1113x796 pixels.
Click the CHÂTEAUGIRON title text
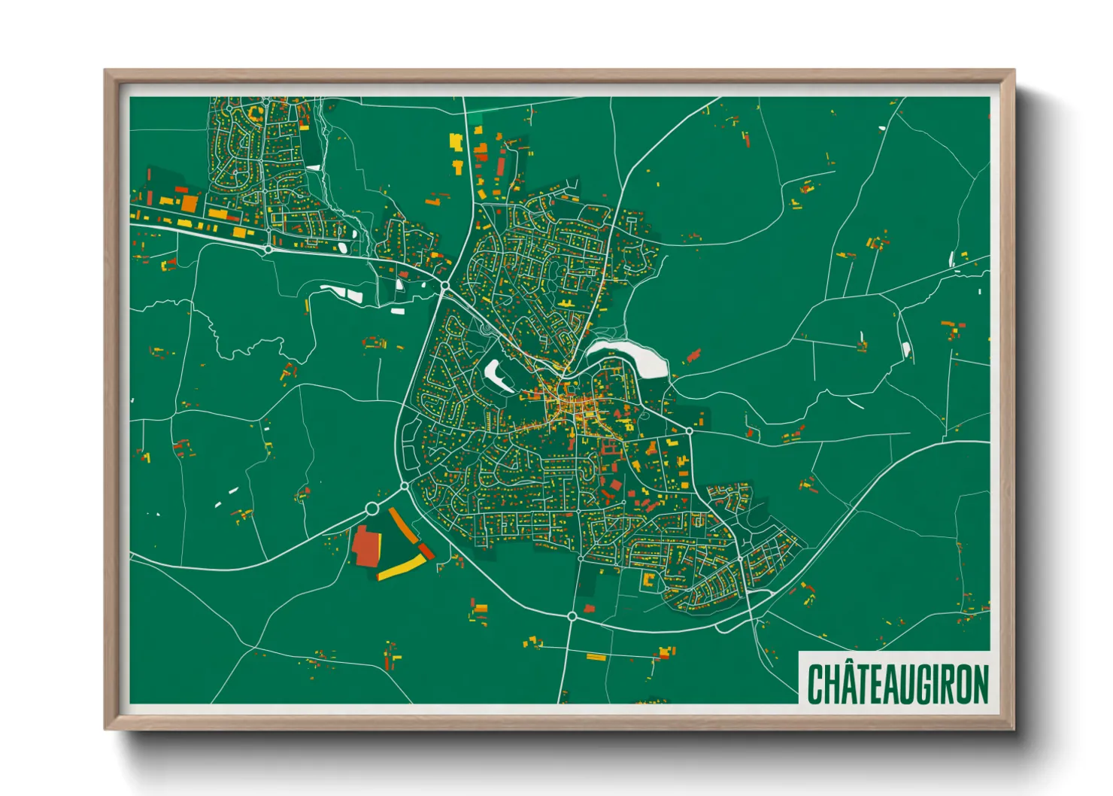click(898, 683)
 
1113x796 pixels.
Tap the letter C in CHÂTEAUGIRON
click(815, 684)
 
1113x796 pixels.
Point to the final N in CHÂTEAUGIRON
click(981, 684)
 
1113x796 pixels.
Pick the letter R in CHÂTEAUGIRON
click(949, 684)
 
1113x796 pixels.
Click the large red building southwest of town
click(365, 546)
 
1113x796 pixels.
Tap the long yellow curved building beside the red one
click(400, 569)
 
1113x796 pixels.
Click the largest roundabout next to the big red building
click(372, 509)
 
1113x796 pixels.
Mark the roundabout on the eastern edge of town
click(689, 431)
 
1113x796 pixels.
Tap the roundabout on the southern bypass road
click(572, 616)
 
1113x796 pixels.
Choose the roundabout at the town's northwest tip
click(445, 286)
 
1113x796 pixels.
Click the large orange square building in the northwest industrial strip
click(190, 204)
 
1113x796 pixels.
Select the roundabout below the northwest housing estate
click(268, 248)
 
